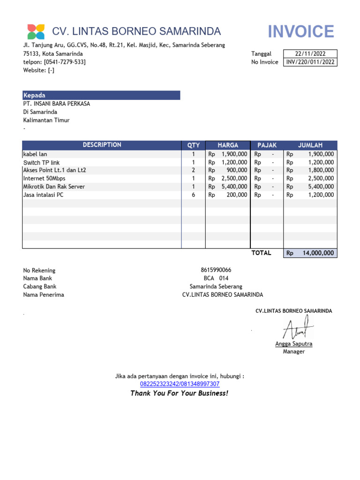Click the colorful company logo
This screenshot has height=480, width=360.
(36, 31)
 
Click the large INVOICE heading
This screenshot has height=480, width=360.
(301, 31)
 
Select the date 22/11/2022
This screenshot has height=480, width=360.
(310, 54)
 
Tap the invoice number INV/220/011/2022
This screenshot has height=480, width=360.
(310, 62)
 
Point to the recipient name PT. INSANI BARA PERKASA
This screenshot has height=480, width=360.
(57, 104)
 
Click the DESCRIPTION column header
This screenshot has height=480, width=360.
(102, 145)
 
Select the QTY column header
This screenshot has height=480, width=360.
(194, 145)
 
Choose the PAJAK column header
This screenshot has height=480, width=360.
(267, 145)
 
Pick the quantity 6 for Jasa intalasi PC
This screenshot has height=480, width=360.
(193, 195)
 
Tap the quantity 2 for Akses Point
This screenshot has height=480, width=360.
(193, 170)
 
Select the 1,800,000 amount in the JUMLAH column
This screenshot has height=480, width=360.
(321, 170)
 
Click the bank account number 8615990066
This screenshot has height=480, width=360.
(216, 270)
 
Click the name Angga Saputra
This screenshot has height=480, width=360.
(293, 344)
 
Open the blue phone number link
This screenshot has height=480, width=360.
(180, 384)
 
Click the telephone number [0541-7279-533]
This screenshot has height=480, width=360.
(65, 62)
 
